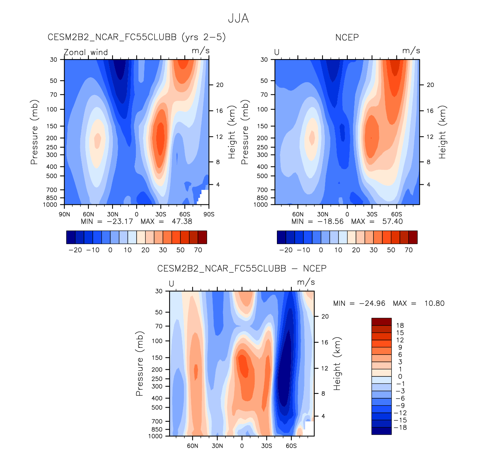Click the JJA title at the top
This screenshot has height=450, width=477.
click(x=238, y=19)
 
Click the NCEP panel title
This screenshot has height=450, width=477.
click(x=347, y=38)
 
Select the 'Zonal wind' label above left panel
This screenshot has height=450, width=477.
click(x=86, y=52)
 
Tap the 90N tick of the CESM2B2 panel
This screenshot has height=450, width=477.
click(x=65, y=214)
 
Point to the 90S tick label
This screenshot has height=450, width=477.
click(x=209, y=214)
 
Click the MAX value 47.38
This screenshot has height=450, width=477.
click(x=182, y=221)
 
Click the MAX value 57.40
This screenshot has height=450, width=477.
click(x=392, y=221)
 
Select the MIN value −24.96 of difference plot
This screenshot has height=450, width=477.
click(x=372, y=304)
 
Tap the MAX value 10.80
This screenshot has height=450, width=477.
click(x=434, y=304)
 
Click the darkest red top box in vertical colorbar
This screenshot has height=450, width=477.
click(x=381, y=322)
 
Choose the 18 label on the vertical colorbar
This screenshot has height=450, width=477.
click(x=400, y=326)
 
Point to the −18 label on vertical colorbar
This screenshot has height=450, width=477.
click(x=400, y=427)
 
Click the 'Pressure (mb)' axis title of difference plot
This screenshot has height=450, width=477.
click(x=140, y=363)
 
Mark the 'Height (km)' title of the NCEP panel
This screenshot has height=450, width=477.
click(x=442, y=132)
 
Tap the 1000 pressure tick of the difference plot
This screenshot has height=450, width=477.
click(x=156, y=436)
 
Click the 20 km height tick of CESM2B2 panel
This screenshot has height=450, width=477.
click(x=220, y=85)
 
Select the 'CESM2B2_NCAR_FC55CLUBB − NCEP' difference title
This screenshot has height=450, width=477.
click(x=242, y=269)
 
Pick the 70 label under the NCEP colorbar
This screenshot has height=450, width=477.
click(x=409, y=250)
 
